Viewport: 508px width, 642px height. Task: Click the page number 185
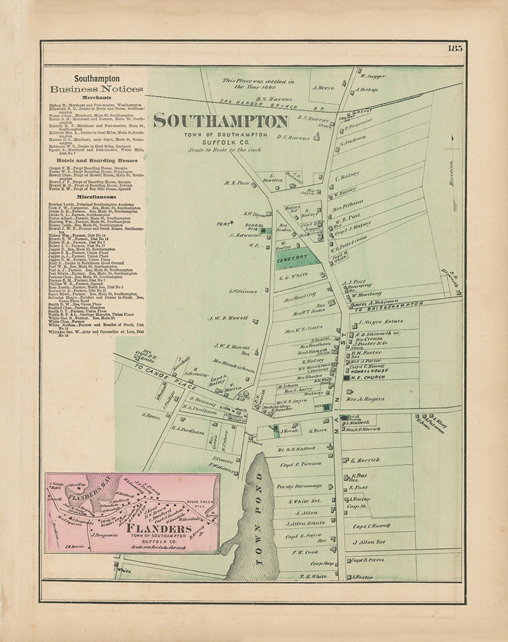point(455,49)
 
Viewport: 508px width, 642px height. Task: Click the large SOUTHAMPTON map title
point(221,121)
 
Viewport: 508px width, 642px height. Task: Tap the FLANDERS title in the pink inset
point(159,529)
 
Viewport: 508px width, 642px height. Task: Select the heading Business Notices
point(97,89)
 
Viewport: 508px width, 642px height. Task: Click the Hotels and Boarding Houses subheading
point(97,160)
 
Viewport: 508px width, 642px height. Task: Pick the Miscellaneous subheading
point(96,197)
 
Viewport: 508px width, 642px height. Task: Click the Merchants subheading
point(96,97)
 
